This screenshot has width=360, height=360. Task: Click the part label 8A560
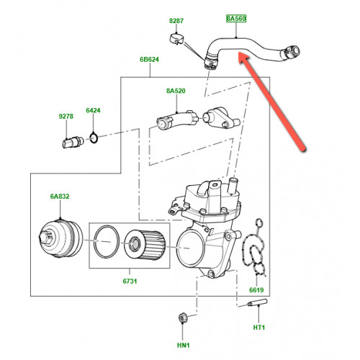tap(236, 19)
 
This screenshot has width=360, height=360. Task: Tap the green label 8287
tap(176, 21)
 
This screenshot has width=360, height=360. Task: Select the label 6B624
tap(149, 59)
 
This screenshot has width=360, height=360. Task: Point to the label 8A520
tap(176, 91)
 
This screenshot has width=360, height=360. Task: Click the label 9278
tap(66, 117)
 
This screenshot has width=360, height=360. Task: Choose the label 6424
tap(93, 110)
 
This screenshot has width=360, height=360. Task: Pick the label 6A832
tap(60, 197)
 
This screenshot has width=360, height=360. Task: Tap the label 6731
tap(130, 281)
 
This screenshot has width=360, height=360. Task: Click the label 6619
tap(256, 290)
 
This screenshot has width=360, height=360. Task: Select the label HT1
tap(259, 328)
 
